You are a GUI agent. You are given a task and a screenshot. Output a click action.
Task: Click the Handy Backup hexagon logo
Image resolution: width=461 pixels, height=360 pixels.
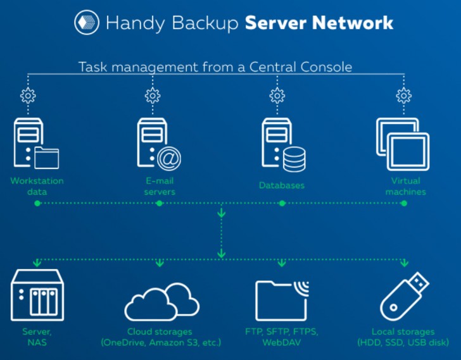[x=85, y=23]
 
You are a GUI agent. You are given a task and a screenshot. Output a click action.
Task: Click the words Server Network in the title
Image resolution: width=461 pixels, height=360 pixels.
[x=319, y=23]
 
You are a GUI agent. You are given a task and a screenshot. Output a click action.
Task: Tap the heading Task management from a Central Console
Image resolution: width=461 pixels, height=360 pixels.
[x=215, y=66]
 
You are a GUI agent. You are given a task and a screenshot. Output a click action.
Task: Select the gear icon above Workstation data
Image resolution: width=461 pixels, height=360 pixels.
[x=28, y=96]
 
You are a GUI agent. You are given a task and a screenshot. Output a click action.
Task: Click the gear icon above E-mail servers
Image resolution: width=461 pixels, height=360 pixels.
[x=153, y=96]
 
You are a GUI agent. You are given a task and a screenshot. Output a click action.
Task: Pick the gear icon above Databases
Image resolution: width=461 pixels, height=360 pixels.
[x=277, y=96]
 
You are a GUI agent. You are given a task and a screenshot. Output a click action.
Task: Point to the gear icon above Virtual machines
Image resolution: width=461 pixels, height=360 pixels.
[x=403, y=96]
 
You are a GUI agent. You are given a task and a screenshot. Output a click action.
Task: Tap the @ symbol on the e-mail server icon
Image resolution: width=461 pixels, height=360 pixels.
[x=168, y=159]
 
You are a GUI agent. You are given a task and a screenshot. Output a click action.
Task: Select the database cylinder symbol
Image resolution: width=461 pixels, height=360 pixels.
[x=294, y=159]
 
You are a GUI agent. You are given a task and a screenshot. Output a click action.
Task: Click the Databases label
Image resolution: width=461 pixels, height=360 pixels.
[x=282, y=186]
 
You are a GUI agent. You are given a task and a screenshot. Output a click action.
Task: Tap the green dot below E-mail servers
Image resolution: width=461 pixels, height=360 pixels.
[x=160, y=203]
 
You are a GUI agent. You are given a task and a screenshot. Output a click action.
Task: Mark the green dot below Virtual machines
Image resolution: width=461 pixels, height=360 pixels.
[x=405, y=203]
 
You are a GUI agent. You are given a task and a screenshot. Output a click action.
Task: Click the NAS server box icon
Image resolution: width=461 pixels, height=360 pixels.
[x=37, y=295]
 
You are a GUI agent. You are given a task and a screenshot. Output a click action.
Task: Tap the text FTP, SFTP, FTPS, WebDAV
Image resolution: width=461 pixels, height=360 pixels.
[x=282, y=337]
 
